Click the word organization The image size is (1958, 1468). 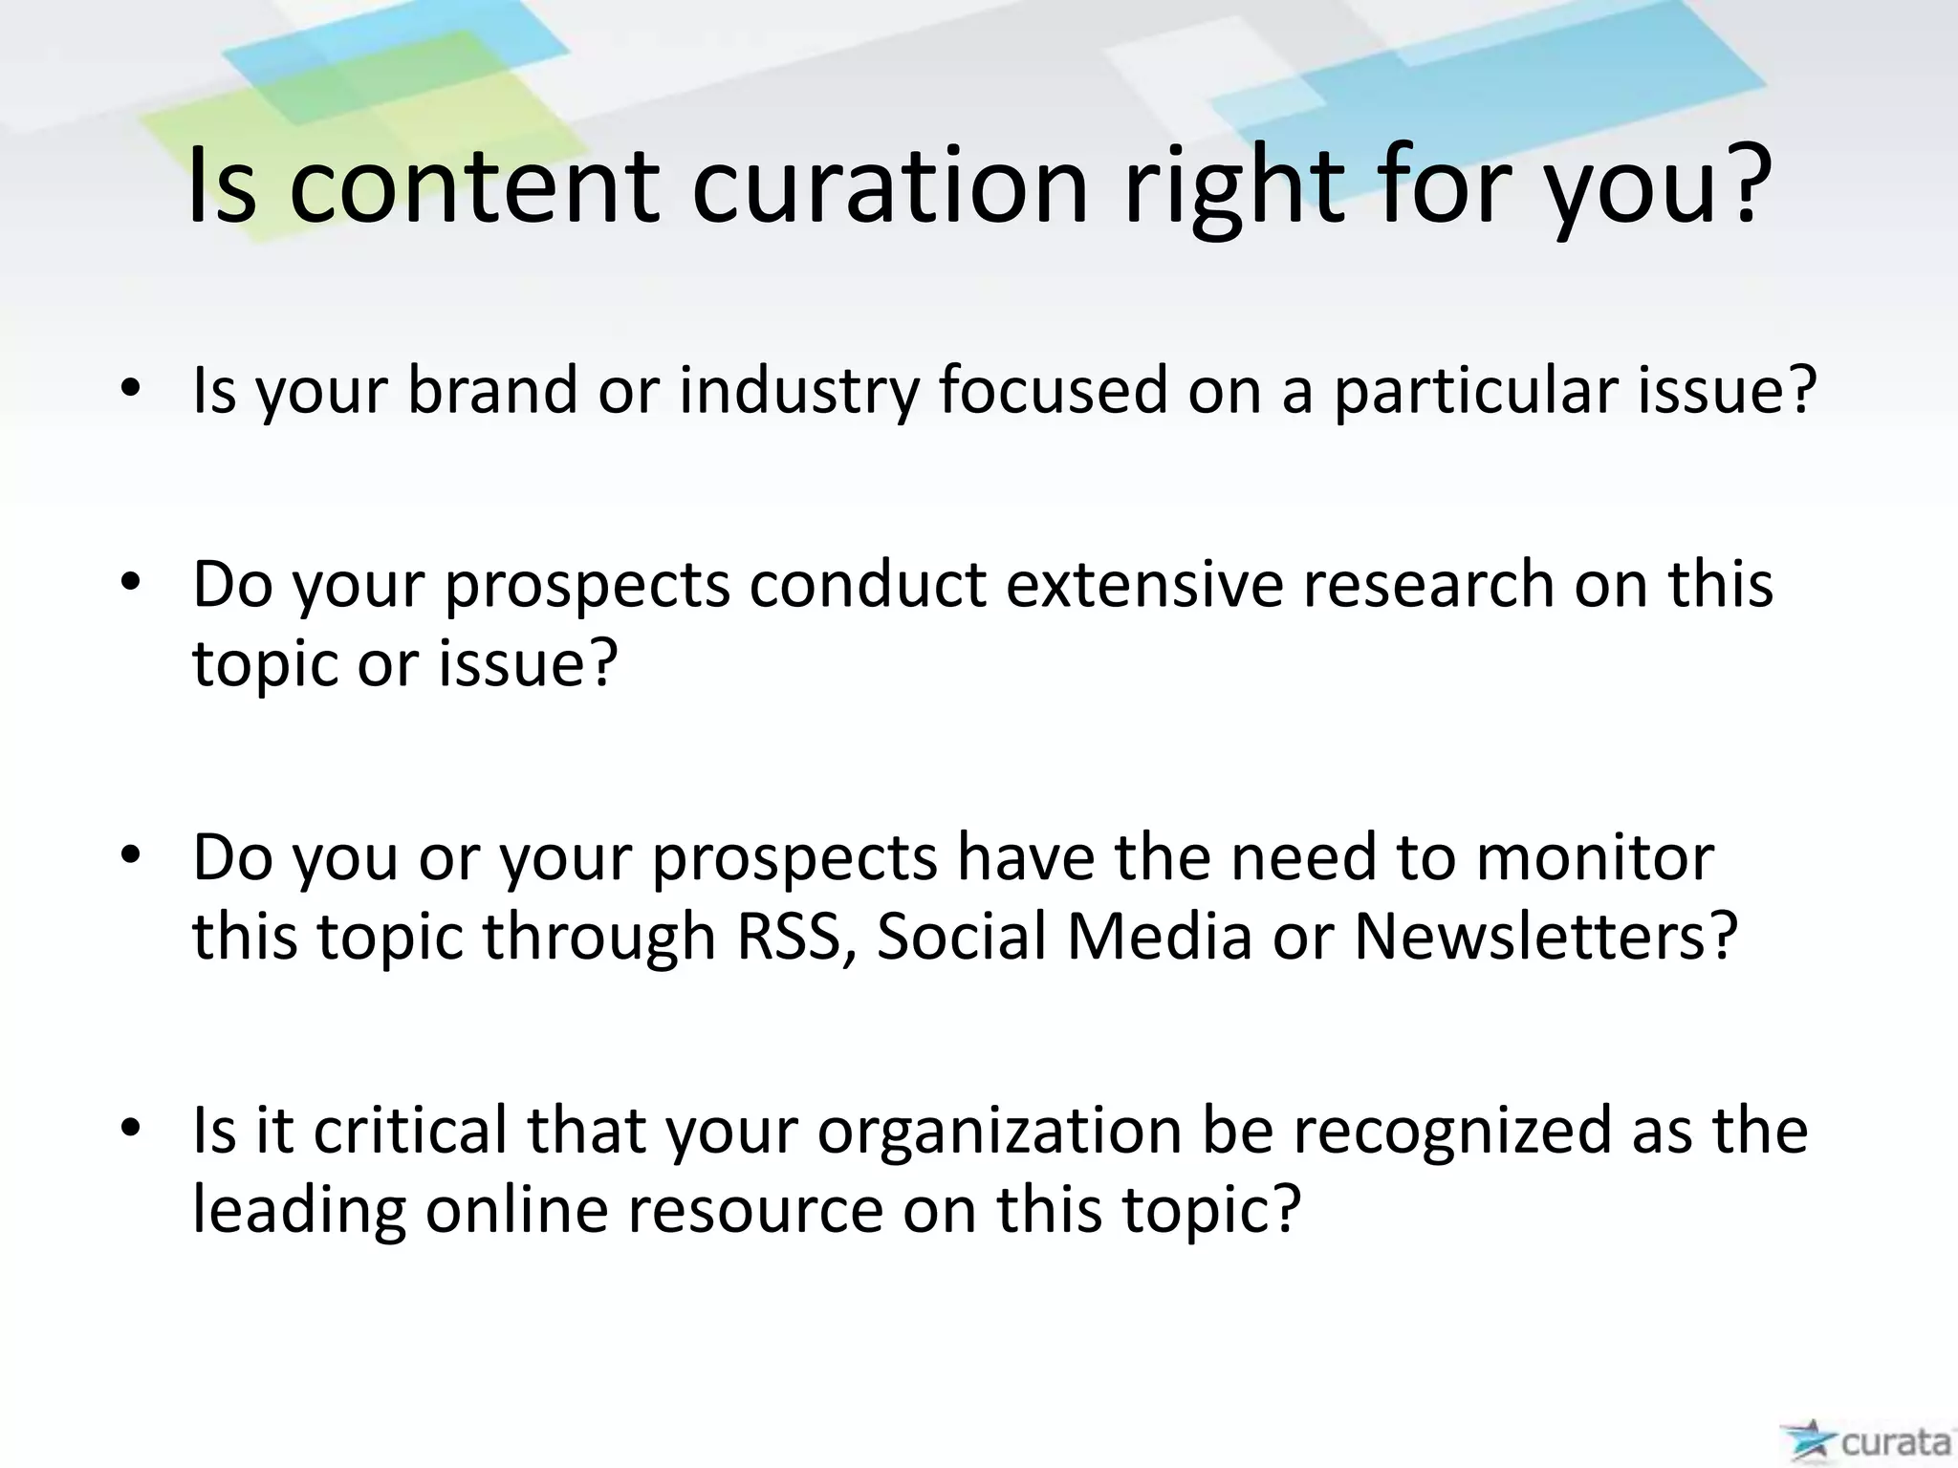click(1000, 1130)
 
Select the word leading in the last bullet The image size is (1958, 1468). click(298, 1210)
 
